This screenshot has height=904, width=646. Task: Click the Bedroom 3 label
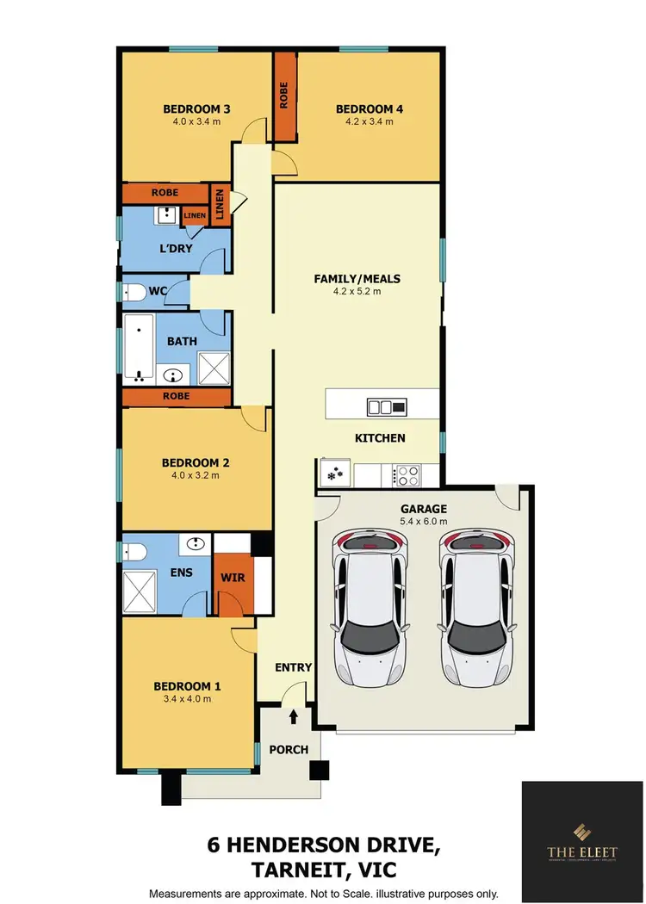point(196,109)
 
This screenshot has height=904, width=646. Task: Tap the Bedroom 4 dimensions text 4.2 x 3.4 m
point(370,121)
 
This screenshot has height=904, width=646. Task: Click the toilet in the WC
point(134,293)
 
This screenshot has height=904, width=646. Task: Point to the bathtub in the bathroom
point(139,348)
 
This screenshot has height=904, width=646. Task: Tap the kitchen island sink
point(379,406)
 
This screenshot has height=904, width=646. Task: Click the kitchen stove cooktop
point(406,474)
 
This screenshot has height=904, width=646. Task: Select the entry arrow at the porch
point(294,715)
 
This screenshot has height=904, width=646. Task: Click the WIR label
point(233,578)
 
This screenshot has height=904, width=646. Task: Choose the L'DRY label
point(175,250)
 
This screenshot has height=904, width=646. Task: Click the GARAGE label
point(422,509)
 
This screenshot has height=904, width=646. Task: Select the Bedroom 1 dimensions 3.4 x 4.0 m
point(187,698)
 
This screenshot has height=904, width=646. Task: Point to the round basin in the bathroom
point(176,375)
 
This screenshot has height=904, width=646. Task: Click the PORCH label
point(289,749)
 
